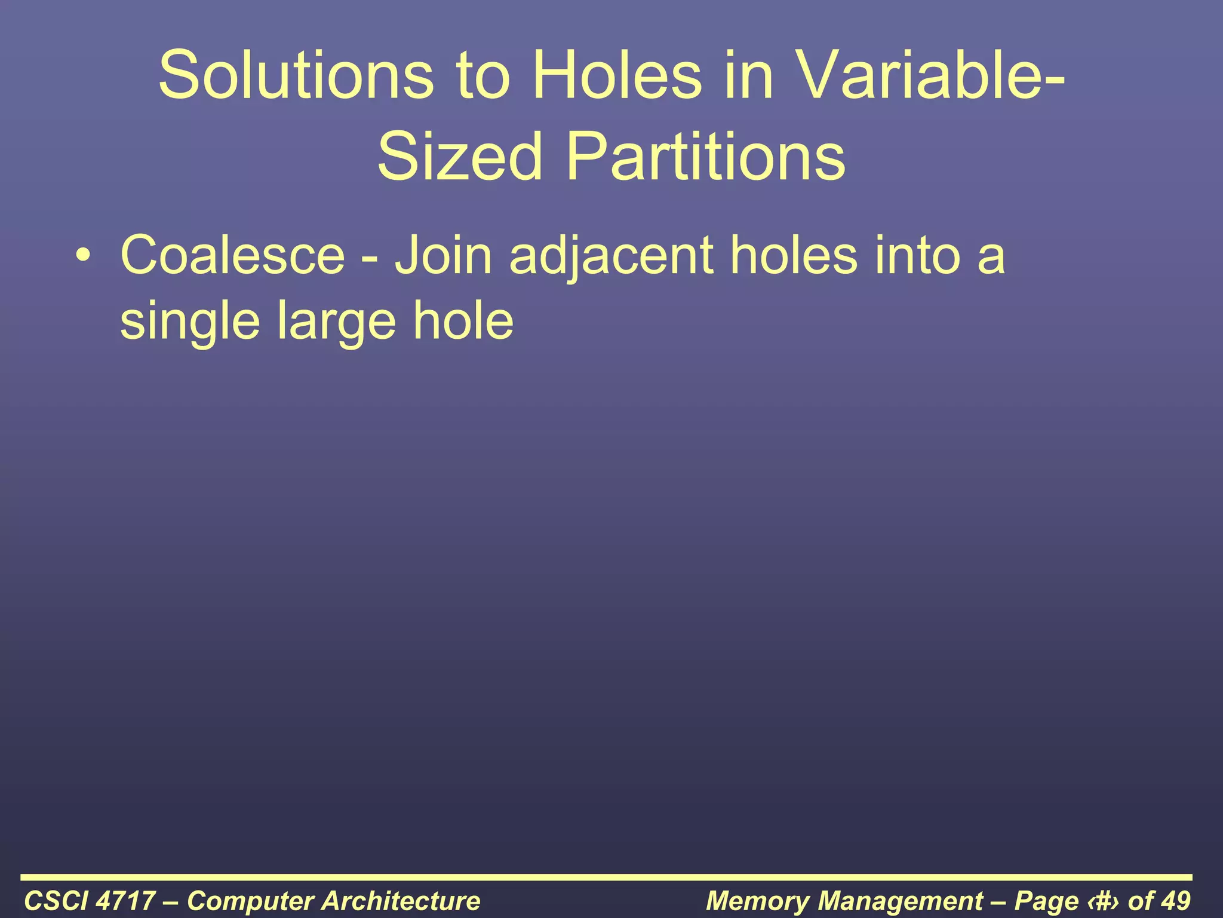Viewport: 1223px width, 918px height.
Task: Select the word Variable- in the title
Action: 932,76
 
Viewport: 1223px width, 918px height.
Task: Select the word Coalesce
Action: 233,256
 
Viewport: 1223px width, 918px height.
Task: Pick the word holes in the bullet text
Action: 794,256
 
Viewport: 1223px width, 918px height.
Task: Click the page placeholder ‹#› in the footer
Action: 1104,901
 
